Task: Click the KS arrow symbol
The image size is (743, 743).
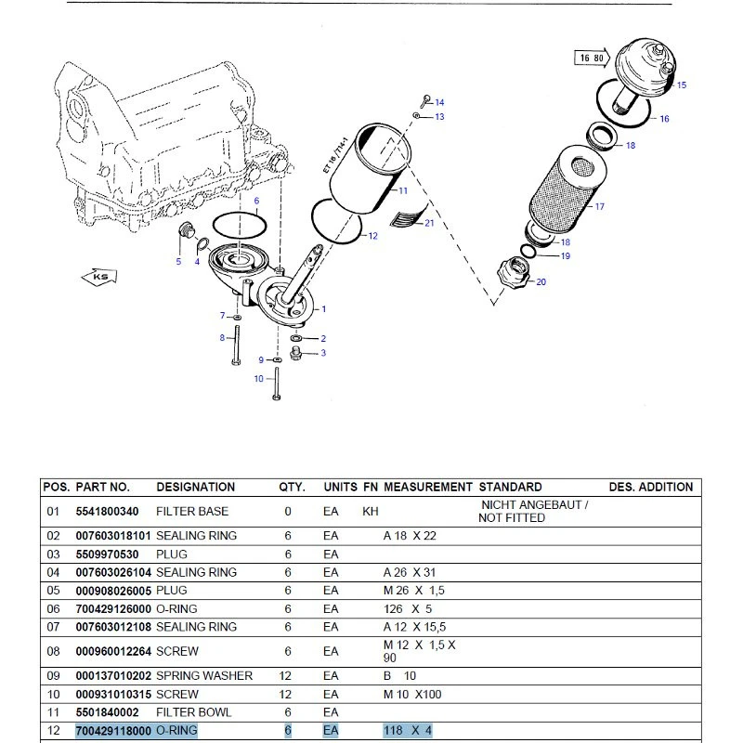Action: (99, 276)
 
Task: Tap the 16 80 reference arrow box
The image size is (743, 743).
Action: (592, 58)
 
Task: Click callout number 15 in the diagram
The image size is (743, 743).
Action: (682, 85)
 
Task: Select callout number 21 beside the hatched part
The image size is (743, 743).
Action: (429, 223)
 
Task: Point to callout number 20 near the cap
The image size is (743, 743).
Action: (541, 282)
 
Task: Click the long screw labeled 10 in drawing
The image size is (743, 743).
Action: (277, 384)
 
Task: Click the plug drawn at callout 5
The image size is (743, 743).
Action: (186, 229)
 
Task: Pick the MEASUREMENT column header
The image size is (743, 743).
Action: (427, 487)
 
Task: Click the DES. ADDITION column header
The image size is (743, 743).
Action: (651, 487)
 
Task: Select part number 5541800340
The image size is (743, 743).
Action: (107, 512)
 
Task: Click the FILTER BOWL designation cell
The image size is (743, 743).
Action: (194, 712)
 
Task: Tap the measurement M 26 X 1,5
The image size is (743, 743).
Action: (413, 591)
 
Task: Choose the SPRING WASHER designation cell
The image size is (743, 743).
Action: (204, 676)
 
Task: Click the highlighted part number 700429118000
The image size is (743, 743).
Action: (113, 731)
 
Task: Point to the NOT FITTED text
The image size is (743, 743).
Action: (512, 518)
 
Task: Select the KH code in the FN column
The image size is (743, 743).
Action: (370, 512)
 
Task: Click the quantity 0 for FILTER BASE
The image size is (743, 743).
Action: (288, 512)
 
